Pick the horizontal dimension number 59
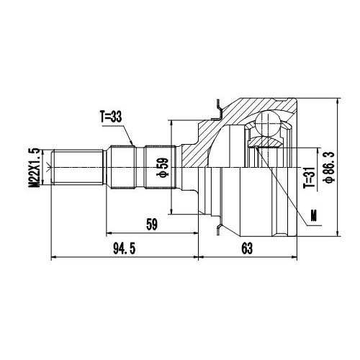click(x=151, y=225)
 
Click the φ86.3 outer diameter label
click(x=329, y=167)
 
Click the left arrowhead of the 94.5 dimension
click(x=53, y=256)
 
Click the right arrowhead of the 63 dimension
click(x=296, y=256)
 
